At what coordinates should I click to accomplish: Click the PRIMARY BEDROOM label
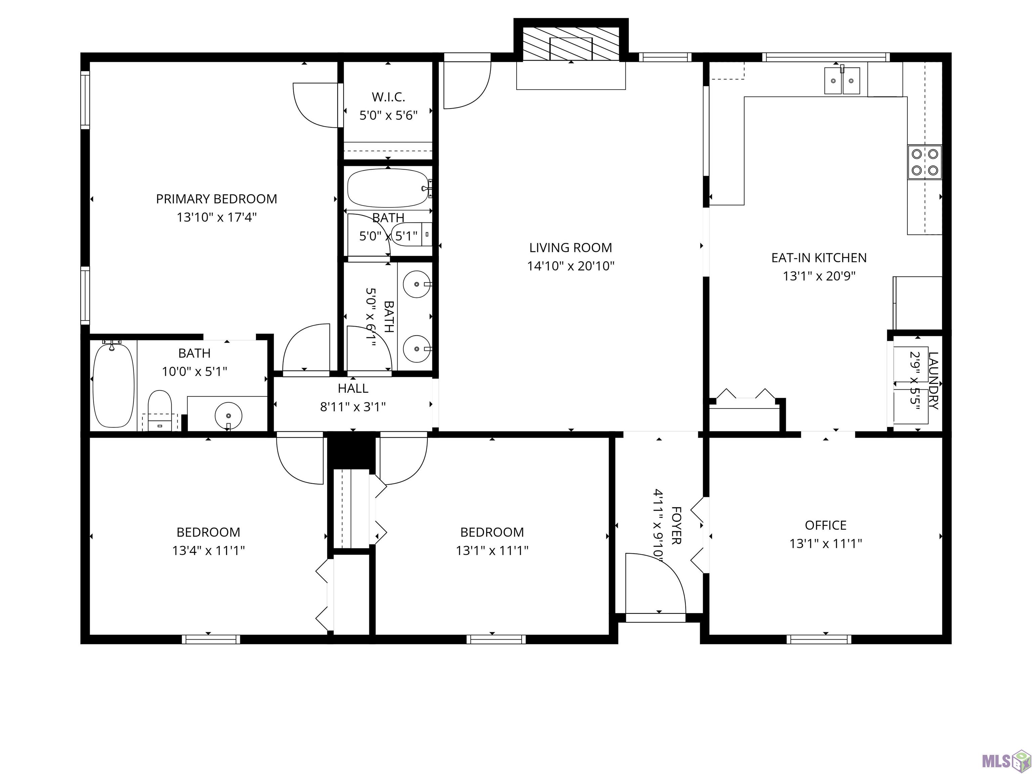(216, 199)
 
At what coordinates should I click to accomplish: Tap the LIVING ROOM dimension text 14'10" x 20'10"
(570, 266)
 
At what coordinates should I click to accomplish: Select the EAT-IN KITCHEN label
(819, 258)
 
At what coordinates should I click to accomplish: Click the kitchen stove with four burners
(924, 162)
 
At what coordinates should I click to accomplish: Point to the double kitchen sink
(842, 81)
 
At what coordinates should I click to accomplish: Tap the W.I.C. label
(388, 97)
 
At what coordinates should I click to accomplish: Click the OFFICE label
(826, 525)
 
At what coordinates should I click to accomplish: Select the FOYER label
(676, 525)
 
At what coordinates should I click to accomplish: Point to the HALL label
(353, 388)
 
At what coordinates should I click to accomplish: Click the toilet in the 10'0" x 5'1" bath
(160, 410)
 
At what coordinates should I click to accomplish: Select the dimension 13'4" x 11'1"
(209, 551)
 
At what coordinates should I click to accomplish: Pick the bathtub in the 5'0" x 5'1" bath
(388, 188)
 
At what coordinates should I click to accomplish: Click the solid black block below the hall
(351, 450)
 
